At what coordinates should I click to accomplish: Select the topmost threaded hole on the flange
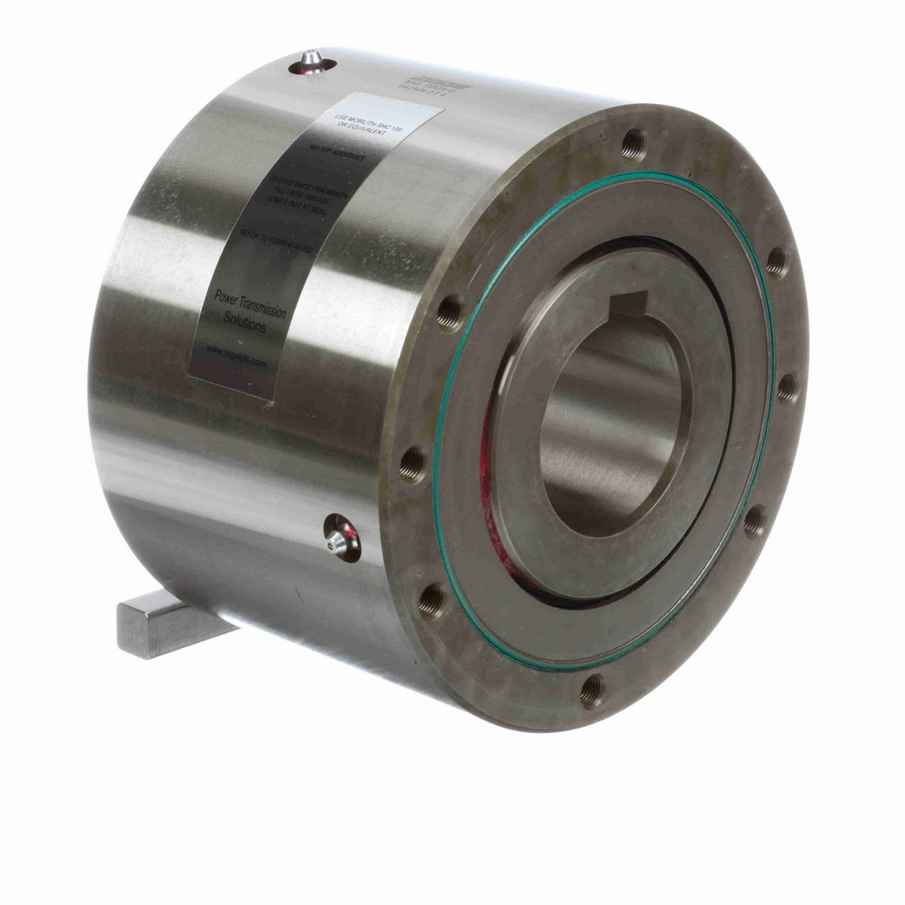click(634, 137)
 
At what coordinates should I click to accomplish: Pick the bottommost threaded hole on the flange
click(592, 686)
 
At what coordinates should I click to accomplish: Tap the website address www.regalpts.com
click(234, 355)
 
